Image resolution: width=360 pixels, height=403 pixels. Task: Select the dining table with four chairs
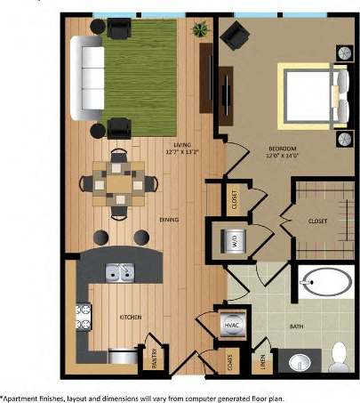coord(118,183)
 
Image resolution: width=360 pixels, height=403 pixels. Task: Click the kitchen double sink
coord(118,272)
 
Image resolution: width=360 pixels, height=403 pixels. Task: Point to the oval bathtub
coord(325,285)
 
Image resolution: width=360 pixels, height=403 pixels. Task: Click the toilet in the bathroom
coord(338,360)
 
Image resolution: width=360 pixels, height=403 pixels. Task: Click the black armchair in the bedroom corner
coord(236,36)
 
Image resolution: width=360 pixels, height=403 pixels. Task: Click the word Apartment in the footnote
coord(22,397)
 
